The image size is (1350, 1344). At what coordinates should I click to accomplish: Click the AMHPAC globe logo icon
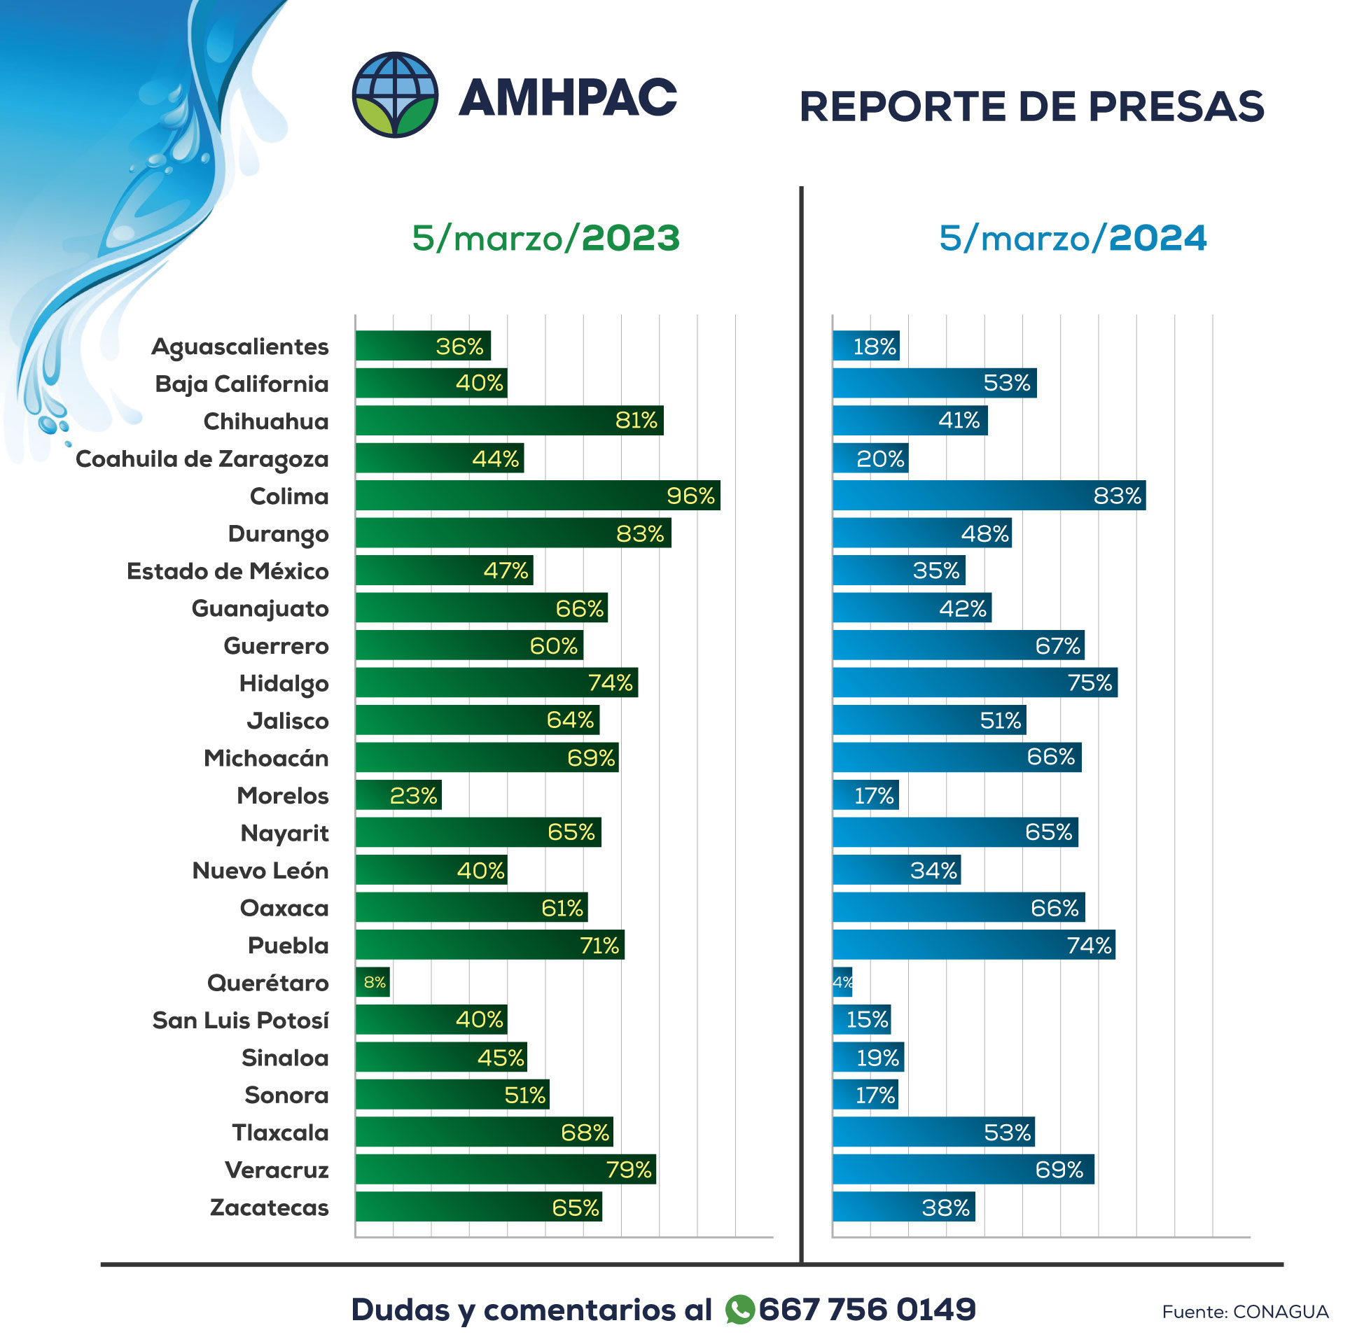(395, 94)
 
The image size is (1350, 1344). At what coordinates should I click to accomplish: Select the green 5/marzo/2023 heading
(545, 238)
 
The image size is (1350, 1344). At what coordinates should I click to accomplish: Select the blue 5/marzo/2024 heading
(1072, 238)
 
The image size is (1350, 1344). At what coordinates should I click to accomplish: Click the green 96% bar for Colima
(537, 496)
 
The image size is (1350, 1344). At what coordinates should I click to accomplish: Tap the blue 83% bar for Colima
(988, 496)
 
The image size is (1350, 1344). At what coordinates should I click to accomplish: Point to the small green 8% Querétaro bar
(373, 982)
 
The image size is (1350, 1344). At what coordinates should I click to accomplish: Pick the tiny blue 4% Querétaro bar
(842, 982)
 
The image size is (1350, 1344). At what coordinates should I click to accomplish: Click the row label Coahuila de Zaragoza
(202, 459)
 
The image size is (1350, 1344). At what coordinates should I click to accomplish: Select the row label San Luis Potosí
(240, 1021)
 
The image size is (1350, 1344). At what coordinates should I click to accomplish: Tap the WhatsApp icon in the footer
(739, 1310)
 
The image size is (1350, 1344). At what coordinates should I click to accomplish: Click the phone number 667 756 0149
(867, 1310)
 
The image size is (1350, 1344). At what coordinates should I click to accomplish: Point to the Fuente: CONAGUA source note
(1244, 1312)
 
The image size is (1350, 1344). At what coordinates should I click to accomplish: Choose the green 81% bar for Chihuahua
(509, 421)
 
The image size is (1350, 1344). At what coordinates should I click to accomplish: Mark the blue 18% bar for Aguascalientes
(865, 346)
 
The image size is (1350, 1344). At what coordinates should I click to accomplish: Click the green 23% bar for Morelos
(398, 795)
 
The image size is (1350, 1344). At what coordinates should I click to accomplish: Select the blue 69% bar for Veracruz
(963, 1170)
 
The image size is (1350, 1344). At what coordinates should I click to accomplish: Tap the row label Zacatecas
(269, 1207)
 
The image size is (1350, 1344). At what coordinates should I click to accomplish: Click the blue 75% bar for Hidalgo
(975, 682)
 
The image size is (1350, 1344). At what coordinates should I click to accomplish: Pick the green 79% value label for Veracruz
(628, 1170)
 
